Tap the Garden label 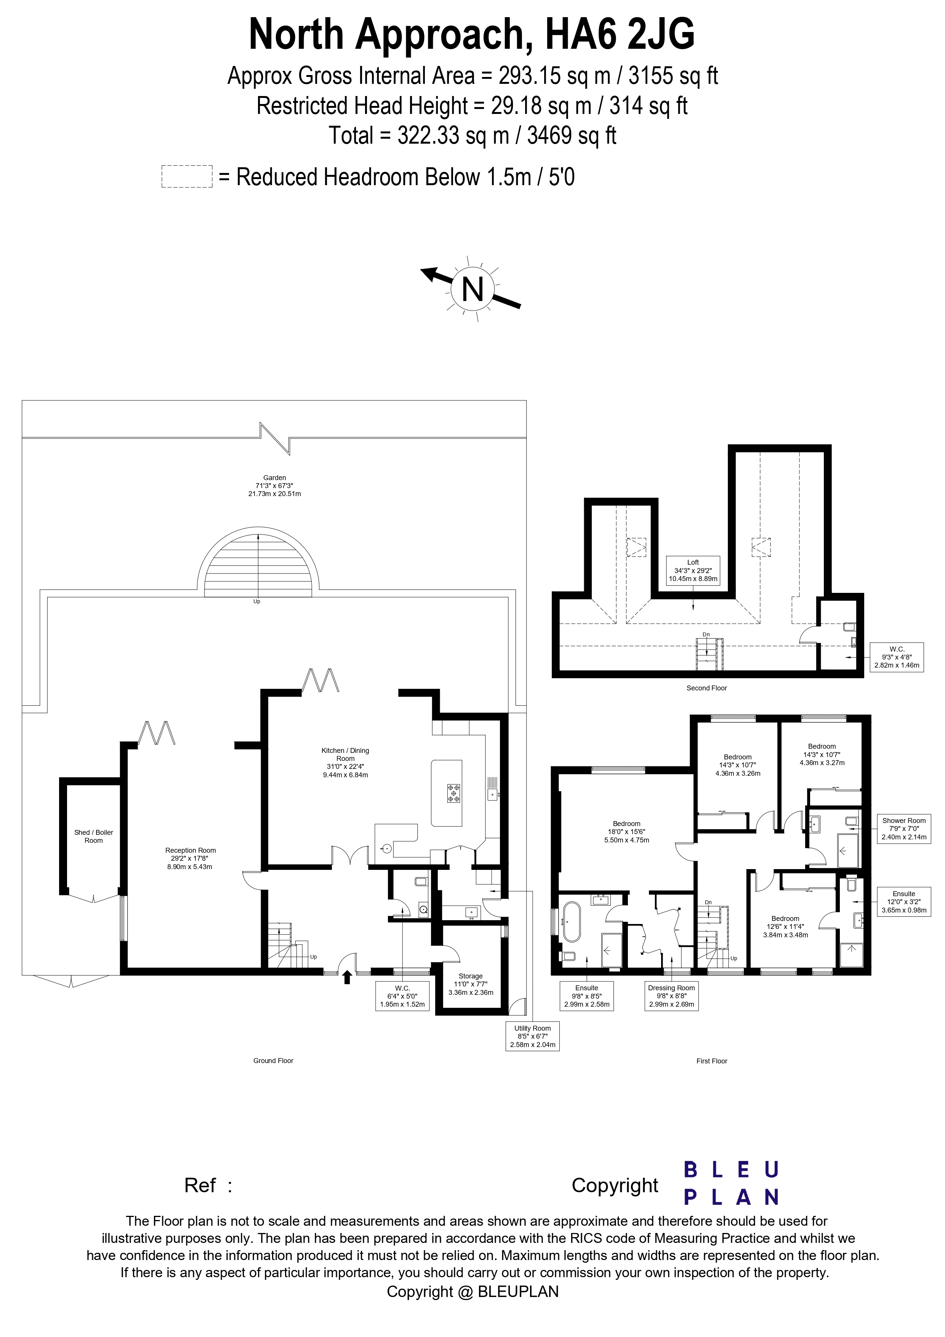coord(274,486)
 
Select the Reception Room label coord(191,858)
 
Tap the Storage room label coord(471,984)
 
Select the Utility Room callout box coord(532,1036)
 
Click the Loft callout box coord(693,571)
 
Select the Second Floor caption coord(706,688)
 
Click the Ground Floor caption coord(273,1060)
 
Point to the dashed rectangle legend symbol coord(187,176)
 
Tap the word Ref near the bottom coord(200,1185)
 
